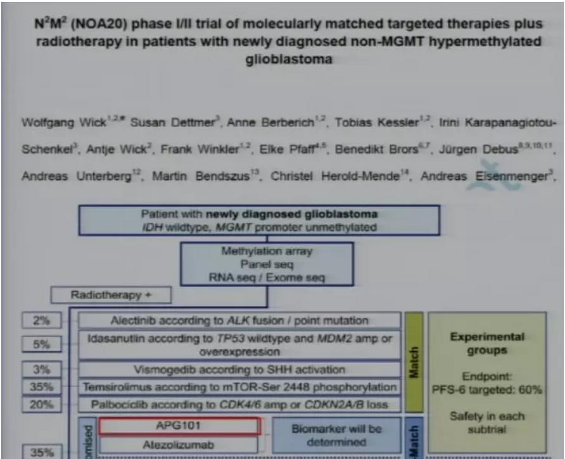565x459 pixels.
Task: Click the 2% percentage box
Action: (x=42, y=320)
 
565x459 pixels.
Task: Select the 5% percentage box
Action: (x=42, y=344)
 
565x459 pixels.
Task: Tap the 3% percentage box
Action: (x=42, y=369)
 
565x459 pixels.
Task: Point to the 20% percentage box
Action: (x=42, y=404)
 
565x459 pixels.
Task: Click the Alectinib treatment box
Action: (x=239, y=320)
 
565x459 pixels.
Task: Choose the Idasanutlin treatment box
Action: (x=239, y=344)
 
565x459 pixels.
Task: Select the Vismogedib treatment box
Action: (x=239, y=369)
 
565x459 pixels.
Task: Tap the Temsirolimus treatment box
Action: (x=239, y=387)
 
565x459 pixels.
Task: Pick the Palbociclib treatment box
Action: (x=239, y=404)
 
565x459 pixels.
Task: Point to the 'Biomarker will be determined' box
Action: (x=337, y=435)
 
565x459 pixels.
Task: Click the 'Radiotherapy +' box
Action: (x=111, y=295)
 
